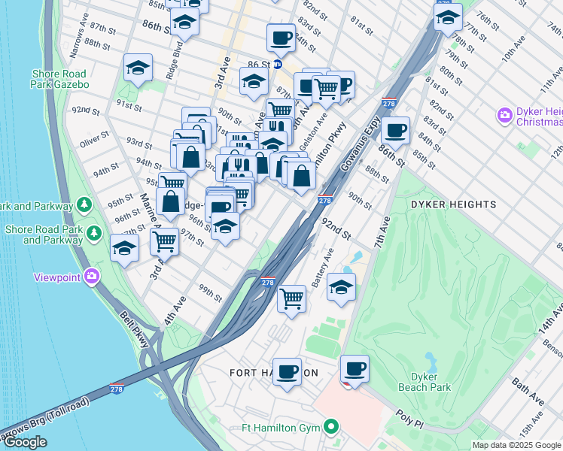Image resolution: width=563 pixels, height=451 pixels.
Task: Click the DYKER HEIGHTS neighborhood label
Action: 452,204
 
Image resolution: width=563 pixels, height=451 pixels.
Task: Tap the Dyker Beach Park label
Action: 431,382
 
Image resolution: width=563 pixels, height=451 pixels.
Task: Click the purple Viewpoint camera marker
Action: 92,277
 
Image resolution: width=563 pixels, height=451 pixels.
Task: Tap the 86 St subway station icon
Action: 277,65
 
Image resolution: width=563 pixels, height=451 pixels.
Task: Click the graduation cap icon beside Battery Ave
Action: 342,287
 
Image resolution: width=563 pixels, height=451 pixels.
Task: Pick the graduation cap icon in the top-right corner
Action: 448,16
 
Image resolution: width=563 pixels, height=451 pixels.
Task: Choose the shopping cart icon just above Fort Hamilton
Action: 291,298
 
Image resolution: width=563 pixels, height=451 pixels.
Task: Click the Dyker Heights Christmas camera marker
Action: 504,117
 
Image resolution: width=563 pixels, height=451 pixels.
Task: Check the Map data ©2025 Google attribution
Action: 516,445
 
